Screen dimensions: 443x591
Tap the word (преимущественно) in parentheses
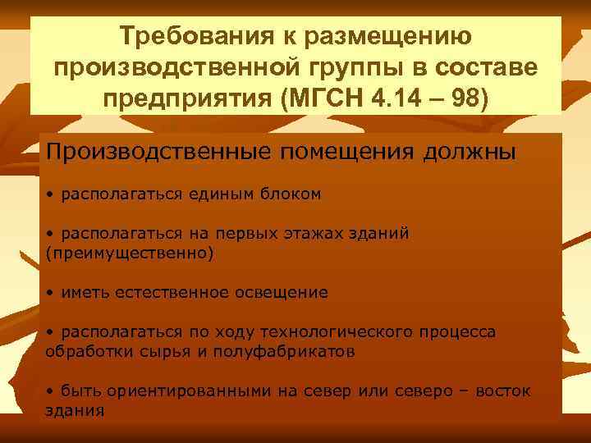tap(129, 253)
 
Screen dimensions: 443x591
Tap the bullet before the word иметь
tap(50, 292)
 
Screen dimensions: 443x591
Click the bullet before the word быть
tap(50, 390)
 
